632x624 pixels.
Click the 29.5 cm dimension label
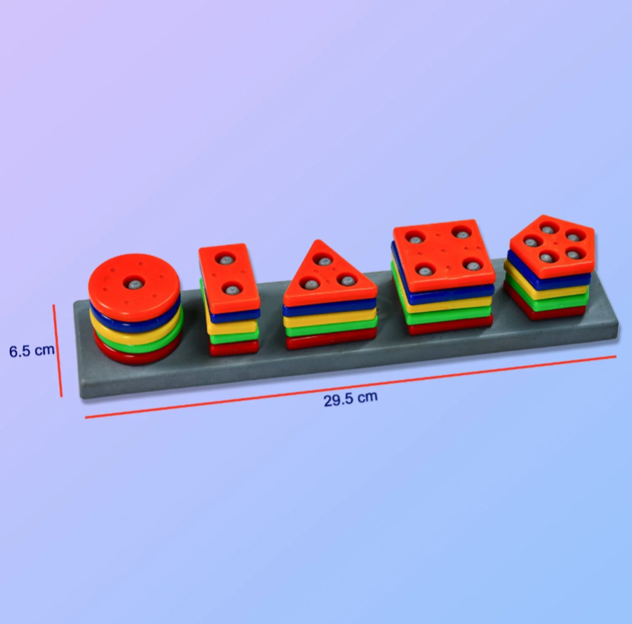[x=350, y=399]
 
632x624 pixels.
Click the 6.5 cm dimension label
[x=32, y=351]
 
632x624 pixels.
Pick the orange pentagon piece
[x=552, y=247]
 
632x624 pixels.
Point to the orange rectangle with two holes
[x=228, y=278]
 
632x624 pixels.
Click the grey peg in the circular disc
[x=135, y=284]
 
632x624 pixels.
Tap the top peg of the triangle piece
[x=323, y=260]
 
